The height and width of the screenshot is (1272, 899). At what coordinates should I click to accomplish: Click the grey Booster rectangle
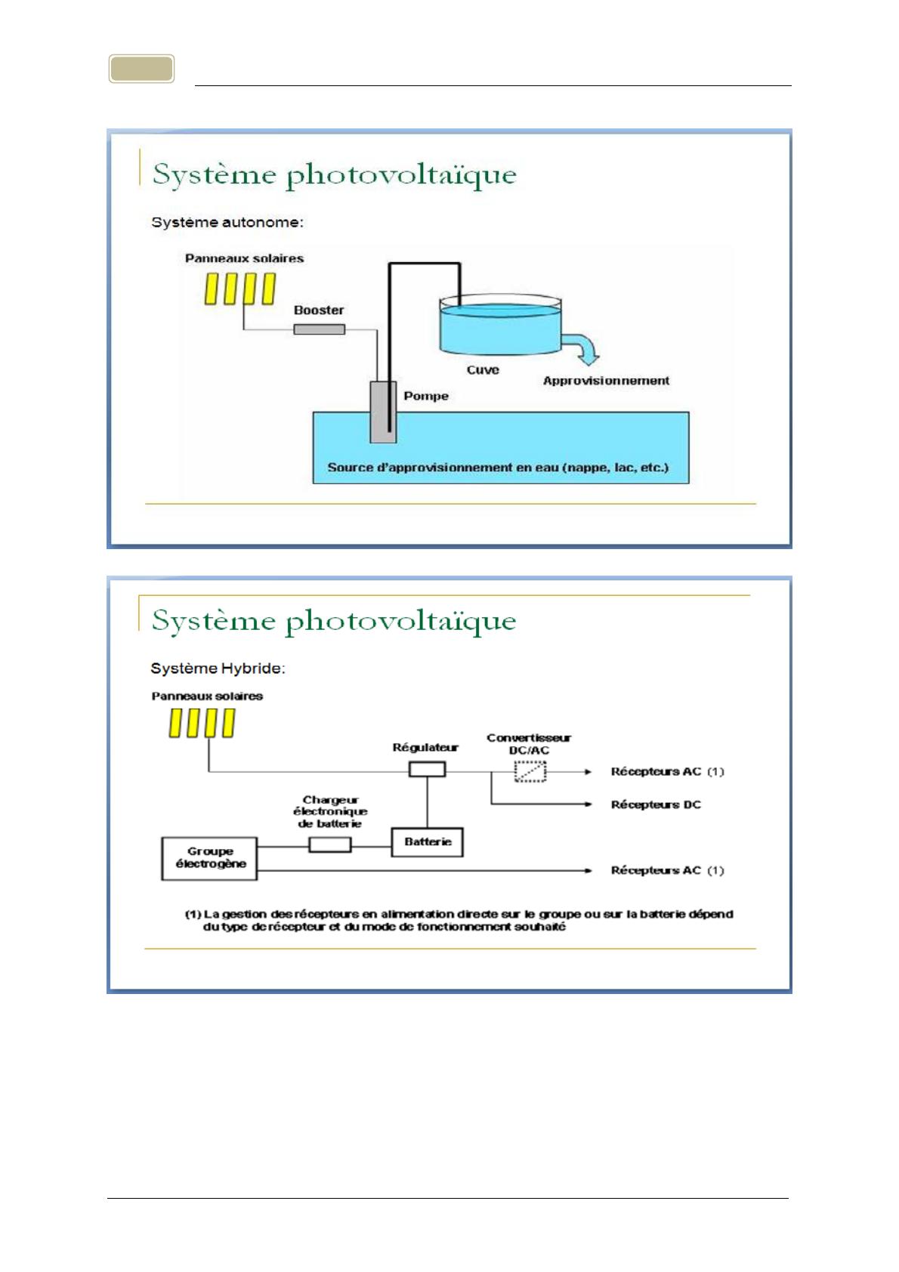tap(319, 329)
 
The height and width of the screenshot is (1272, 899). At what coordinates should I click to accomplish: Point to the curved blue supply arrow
tap(583, 348)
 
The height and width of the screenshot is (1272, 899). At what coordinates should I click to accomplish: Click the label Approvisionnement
tap(606, 381)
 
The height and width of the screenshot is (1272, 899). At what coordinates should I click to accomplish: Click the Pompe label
tap(426, 396)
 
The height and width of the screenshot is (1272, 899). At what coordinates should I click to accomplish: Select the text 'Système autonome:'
tap(227, 222)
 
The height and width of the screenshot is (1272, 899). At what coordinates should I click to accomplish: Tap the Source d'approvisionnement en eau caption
tap(498, 468)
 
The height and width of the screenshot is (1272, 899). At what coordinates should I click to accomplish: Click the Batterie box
tap(427, 841)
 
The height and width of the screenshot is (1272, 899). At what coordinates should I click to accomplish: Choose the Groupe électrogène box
tap(210, 858)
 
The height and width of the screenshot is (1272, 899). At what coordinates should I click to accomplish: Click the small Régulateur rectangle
tap(427, 770)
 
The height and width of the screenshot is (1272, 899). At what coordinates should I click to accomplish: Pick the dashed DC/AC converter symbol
tap(530, 772)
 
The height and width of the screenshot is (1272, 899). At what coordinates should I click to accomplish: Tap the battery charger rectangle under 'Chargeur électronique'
tap(330, 844)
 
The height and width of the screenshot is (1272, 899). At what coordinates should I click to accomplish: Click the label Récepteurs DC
tap(656, 804)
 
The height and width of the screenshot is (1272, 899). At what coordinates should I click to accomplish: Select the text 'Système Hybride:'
tap(218, 668)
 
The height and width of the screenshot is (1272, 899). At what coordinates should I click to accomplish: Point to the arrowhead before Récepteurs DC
tap(587, 804)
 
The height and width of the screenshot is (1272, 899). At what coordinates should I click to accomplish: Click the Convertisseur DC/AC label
tap(529, 743)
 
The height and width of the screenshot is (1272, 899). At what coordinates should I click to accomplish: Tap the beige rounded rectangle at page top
tap(142, 69)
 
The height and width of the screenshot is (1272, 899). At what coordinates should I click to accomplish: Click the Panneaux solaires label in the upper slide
tap(244, 258)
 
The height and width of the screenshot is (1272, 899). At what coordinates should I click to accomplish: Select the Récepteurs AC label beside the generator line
tap(656, 870)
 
